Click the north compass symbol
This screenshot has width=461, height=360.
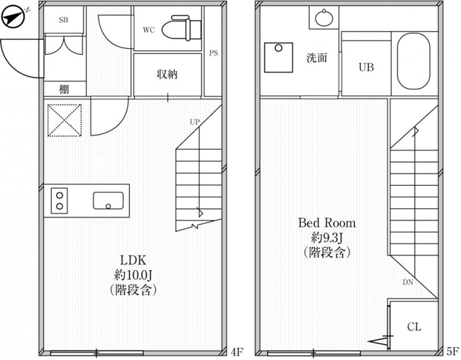(14, 18)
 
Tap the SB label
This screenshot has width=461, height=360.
(63, 20)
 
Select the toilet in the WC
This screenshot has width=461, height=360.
(182, 28)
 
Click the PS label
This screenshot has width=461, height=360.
(214, 53)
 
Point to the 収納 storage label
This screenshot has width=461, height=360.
(167, 74)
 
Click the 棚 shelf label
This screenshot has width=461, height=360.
(64, 89)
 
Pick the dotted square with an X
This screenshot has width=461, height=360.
(65, 120)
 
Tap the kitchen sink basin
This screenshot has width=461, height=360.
(108, 201)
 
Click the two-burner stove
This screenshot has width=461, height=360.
(59, 201)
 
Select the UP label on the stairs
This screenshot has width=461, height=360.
(194, 122)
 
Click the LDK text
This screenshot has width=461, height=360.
(133, 260)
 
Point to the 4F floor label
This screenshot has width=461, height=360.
(237, 351)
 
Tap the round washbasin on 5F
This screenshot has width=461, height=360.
(324, 18)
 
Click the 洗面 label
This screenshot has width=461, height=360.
(317, 58)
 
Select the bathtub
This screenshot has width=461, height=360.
(413, 61)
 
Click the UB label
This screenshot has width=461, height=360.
(367, 68)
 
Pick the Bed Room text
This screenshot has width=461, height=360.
(327, 222)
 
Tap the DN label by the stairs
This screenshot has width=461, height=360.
(408, 282)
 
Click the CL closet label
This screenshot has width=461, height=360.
(414, 326)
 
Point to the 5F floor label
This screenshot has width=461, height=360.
(453, 351)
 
